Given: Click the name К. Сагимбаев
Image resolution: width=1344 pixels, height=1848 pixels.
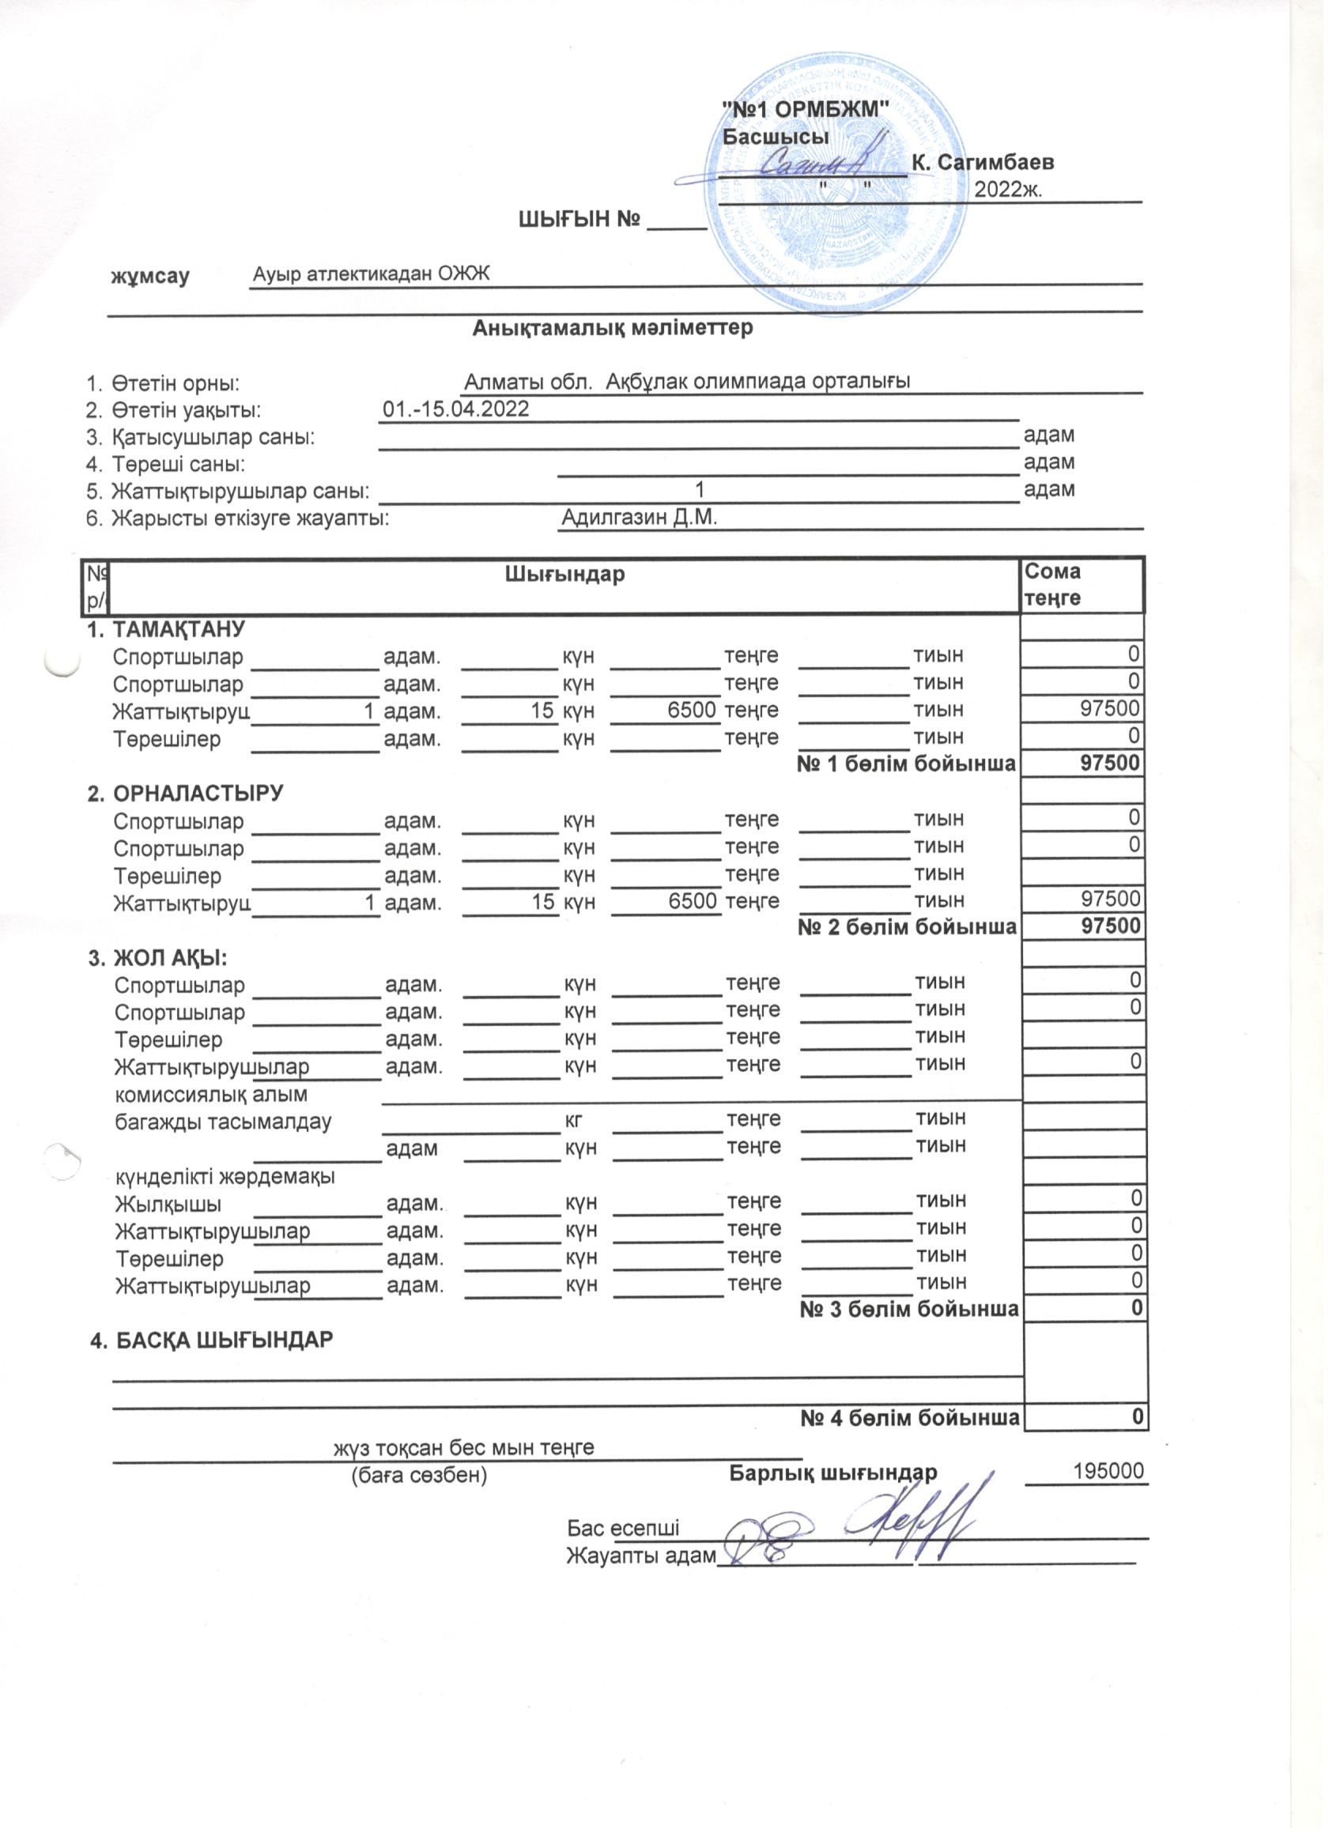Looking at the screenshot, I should pyautogui.click(x=982, y=162).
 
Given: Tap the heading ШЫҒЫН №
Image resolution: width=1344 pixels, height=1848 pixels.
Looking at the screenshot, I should pyautogui.click(x=578, y=219).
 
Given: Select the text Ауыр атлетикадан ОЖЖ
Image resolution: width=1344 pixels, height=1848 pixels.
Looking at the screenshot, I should pyautogui.click(x=371, y=273).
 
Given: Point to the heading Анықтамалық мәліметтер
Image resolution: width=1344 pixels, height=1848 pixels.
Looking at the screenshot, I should pyautogui.click(x=612, y=327).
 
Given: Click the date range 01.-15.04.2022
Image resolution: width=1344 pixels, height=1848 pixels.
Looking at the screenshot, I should pyautogui.click(x=455, y=409).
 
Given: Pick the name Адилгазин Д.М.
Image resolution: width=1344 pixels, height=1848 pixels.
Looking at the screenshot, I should pyautogui.click(x=639, y=518).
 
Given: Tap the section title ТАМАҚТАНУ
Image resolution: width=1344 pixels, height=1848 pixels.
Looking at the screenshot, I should pyautogui.click(x=178, y=629).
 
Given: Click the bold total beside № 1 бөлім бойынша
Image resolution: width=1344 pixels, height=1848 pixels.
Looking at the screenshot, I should pyautogui.click(x=1110, y=764).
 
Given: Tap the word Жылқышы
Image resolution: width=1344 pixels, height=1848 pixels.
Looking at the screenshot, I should pyautogui.click(x=168, y=1205).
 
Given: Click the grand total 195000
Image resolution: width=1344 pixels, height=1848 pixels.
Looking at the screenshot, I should pyautogui.click(x=1109, y=1472).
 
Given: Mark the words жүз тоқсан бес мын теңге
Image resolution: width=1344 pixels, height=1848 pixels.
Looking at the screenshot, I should pyautogui.click(x=463, y=1448).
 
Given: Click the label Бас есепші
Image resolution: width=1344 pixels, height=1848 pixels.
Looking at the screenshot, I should pyautogui.click(x=624, y=1529).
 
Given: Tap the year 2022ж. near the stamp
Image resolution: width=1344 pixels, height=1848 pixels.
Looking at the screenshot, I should pyautogui.click(x=1009, y=190).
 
